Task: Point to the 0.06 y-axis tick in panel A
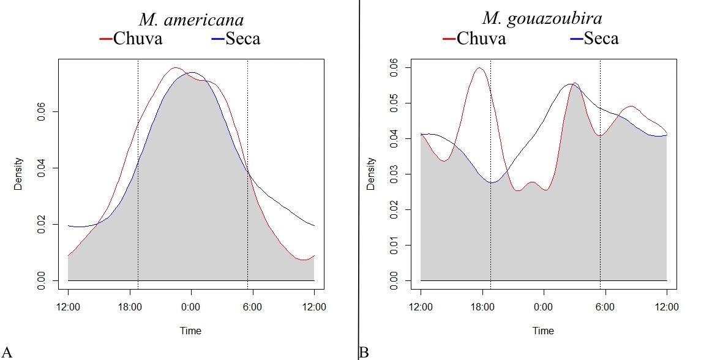[40, 112]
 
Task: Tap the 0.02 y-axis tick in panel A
[40, 225]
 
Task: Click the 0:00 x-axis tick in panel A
[191, 306]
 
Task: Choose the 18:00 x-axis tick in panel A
[130, 306]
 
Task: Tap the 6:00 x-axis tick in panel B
[605, 306]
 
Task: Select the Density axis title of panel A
[19, 173]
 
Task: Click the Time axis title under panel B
[543, 331]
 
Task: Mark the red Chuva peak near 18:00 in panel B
[479, 68]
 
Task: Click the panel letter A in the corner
[7, 352]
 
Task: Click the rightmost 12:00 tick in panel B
[667, 306]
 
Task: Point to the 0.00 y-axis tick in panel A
[40, 281]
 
